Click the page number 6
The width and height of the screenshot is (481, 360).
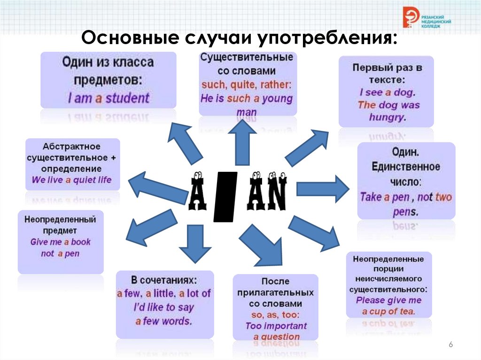point(450,345)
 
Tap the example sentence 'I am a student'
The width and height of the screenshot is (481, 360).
point(109,98)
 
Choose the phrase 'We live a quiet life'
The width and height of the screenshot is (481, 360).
point(72,180)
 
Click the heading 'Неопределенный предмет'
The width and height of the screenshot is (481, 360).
point(61,225)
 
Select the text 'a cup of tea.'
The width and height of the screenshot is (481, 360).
point(388,311)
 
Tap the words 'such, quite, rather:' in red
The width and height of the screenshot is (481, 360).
point(247,85)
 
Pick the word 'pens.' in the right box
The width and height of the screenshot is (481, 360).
point(405,212)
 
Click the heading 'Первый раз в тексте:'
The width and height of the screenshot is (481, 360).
point(387,74)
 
